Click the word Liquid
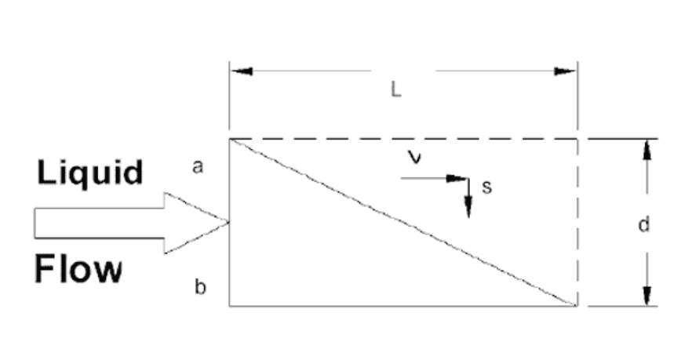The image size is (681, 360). [90, 173]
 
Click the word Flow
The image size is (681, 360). [78, 269]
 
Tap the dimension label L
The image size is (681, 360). [395, 90]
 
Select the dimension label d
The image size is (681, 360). [644, 224]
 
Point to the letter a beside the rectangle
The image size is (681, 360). [198, 167]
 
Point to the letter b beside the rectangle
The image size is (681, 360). [200, 288]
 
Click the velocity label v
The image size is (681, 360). [415, 157]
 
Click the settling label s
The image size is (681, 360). [487, 187]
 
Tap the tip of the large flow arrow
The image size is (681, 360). [228, 222]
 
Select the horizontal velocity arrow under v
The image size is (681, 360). [435, 178]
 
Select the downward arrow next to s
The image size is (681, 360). [468, 198]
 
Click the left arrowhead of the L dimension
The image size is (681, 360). [241, 71]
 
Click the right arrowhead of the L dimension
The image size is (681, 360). [566, 71]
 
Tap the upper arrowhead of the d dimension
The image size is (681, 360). [647, 150]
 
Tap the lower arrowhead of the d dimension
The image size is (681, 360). [647, 296]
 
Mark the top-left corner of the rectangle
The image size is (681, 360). [230, 139]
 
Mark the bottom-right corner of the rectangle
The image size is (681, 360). [577, 306]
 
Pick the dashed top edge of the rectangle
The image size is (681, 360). [403, 139]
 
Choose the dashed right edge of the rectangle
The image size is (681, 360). [577, 222]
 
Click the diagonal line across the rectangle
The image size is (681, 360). [403, 222]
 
